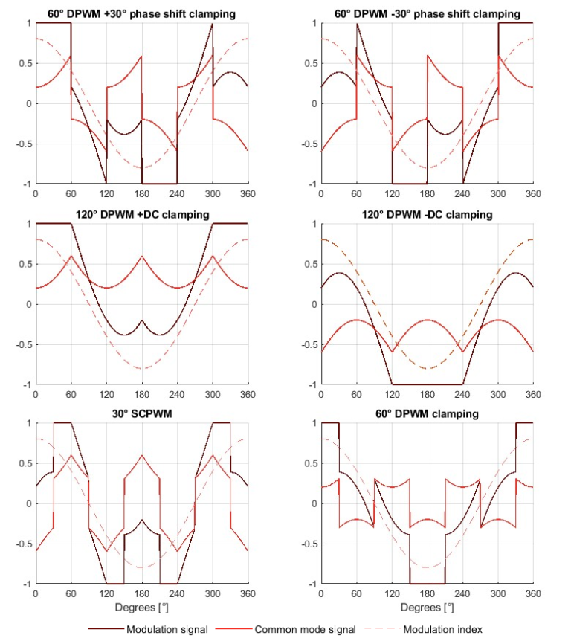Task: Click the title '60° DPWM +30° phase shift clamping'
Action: click(141, 14)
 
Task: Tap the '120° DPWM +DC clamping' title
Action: click(141, 215)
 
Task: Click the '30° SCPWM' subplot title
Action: click(141, 414)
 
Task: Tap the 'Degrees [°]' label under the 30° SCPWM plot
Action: click(141, 608)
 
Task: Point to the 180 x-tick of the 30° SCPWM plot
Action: click(141, 594)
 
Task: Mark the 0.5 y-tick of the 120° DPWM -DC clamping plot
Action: click(309, 264)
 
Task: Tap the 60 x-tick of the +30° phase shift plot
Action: click(71, 194)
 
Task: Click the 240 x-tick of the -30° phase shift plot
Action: click(462, 194)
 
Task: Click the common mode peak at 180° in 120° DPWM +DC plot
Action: click(141, 257)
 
